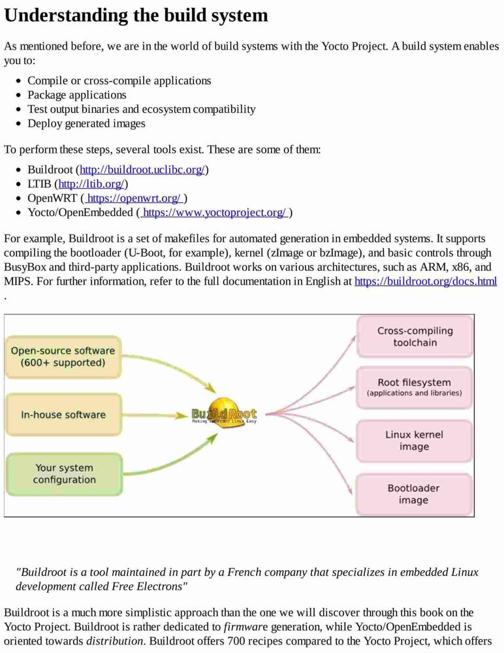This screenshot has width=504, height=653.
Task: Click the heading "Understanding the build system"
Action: click(136, 16)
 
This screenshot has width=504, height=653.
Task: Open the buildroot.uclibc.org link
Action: click(142, 170)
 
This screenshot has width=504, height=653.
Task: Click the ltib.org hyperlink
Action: click(91, 183)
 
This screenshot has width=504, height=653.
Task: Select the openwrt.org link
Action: click(134, 198)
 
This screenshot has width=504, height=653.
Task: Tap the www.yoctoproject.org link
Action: click(215, 212)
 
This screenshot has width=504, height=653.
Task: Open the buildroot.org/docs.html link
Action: click(426, 281)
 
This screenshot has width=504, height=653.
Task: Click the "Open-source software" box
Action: click(63, 357)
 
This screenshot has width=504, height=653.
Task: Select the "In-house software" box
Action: click(63, 415)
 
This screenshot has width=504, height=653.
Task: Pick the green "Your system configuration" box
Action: click(64, 474)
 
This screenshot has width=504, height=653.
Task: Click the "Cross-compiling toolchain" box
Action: click(415, 336)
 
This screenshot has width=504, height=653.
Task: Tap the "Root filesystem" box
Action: click(414, 387)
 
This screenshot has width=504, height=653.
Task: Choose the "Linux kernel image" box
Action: click(414, 441)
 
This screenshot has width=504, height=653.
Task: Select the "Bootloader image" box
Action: click(414, 494)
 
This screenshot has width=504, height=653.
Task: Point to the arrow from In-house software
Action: click(155, 415)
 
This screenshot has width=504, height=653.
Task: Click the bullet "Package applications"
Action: click(76, 95)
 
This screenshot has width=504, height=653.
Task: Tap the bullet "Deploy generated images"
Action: click(86, 123)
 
